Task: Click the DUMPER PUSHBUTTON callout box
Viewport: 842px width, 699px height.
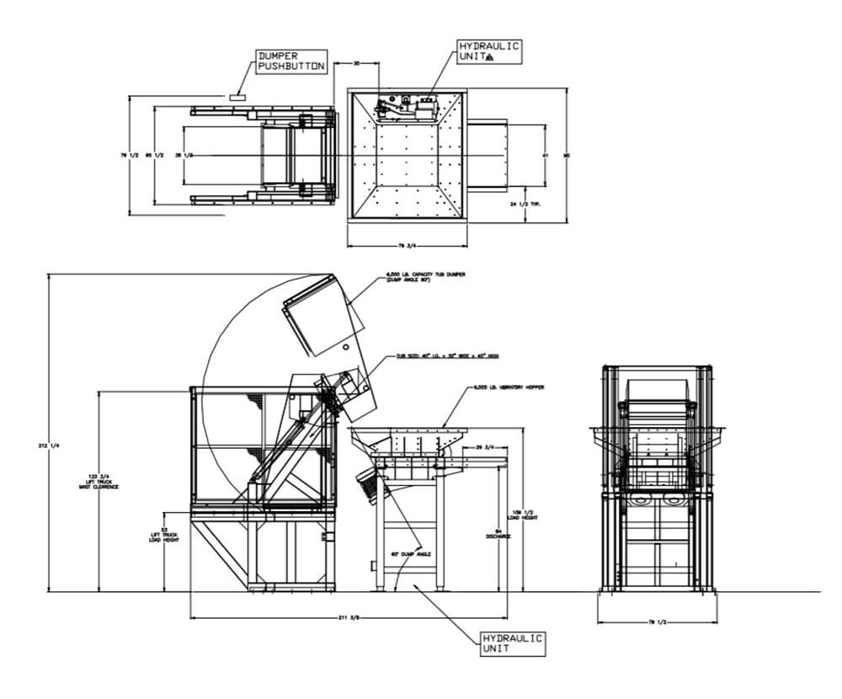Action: [x=289, y=63]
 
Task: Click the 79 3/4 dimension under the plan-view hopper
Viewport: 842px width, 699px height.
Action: [x=408, y=246]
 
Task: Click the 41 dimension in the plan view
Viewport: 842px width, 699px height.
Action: [x=546, y=156]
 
